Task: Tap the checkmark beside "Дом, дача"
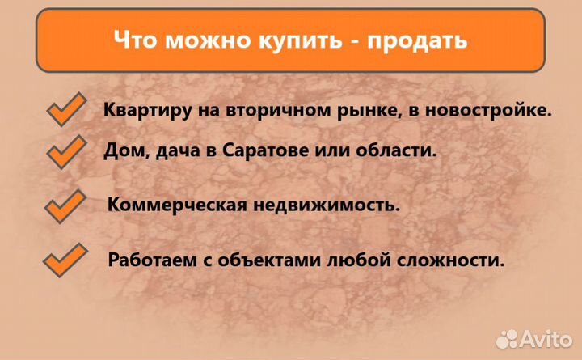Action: pyautogui.click(x=66, y=151)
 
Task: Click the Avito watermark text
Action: pyautogui.click(x=546, y=337)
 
